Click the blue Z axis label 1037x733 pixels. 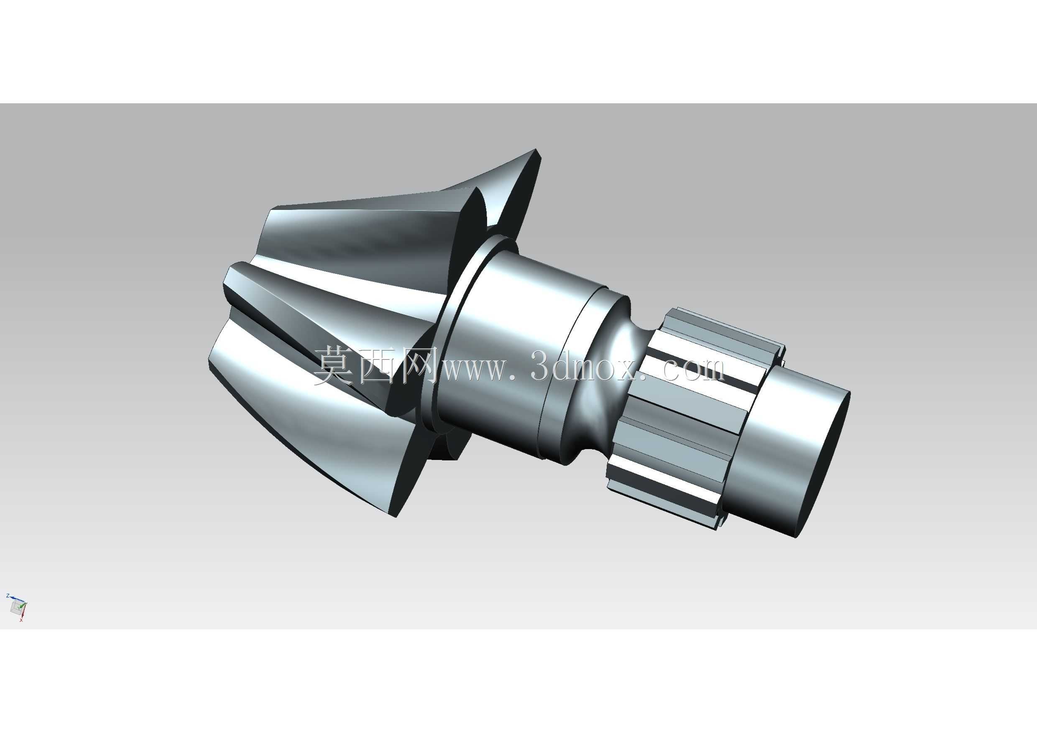(8, 596)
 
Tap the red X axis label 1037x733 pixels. (21, 620)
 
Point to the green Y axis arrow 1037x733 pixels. (23, 603)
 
